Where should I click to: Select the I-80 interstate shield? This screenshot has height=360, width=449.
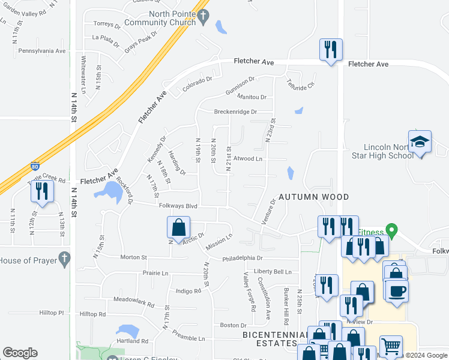click(x=35, y=166)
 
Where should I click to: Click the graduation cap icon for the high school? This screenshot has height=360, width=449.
click(x=420, y=142)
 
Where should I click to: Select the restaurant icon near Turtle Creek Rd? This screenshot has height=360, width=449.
click(x=41, y=191)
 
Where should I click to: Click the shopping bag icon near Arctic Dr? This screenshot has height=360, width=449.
click(x=178, y=228)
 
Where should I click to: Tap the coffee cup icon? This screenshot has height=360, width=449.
click(x=396, y=291)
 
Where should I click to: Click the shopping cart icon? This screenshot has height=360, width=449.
click(x=391, y=347)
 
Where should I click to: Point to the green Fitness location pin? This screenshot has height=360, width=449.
click(x=392, y=230)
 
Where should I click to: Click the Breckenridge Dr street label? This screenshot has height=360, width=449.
click(x=235, y=112)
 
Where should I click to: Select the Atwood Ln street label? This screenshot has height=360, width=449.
click(x=249, y=159)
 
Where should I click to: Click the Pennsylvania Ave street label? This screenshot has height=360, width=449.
click(x=41, y=51)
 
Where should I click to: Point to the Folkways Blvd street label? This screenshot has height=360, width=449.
click(x=179, y=206)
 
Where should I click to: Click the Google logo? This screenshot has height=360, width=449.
click(x=20, y=353)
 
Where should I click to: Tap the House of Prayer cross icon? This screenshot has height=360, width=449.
click(x=64, y=259)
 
